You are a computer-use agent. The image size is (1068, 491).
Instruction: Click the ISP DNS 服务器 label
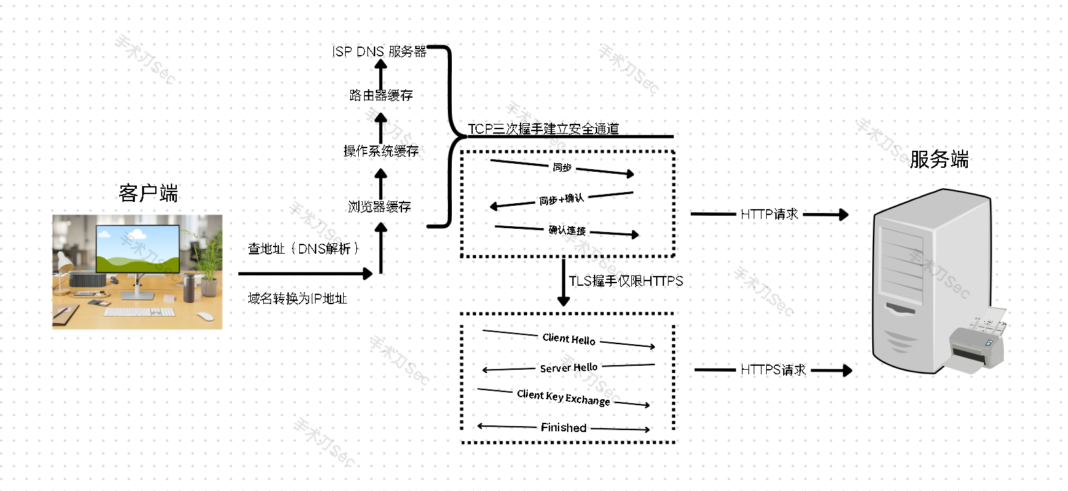click(379, 52)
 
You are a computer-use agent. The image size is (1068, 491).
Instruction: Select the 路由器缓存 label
click(381, 96)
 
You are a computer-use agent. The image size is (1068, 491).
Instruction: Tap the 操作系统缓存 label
click(381, 151)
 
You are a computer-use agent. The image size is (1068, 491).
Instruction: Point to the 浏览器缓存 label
click(380, 207)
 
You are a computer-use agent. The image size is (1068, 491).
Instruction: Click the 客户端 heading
click(149, 193)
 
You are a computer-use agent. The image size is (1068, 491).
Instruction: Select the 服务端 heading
click(939, 159)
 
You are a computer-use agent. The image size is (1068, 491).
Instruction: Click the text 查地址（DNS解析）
click(303, 249)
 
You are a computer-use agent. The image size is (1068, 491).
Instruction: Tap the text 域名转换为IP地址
click(297, 299)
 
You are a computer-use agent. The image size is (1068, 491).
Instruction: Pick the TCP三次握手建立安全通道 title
click(543, 129)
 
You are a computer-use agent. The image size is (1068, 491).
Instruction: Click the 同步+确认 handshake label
click(561, 199)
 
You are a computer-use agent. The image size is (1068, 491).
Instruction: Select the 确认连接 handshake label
click(567, 230)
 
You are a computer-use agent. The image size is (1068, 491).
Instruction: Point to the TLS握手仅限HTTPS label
click(626, 281)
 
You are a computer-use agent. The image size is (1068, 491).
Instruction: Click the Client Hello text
click(569, 339)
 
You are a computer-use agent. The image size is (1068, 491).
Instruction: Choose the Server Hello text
click(569, 368)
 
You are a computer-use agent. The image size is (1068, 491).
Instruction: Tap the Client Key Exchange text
click(563, 397)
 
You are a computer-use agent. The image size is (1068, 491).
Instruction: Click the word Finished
click(564, 428)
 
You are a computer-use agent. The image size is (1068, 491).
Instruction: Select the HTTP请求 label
click(769, 214)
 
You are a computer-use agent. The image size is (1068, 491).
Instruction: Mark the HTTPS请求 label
click(773, 370)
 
